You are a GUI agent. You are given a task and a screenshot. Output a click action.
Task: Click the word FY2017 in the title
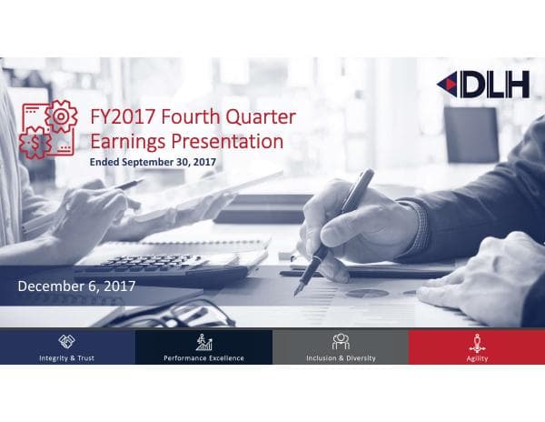pos(123,118)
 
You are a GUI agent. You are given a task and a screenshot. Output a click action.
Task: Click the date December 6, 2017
pos(77,286)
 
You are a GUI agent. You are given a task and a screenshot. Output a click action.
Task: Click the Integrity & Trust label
pos(67,358)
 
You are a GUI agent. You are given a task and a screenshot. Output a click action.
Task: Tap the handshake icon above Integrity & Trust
pos(67,342)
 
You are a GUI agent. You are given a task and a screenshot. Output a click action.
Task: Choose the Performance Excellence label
pos(203,358)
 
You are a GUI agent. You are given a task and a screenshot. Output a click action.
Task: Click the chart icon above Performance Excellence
pos(203,342)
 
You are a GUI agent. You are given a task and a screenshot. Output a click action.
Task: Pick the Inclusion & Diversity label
pos(341,358)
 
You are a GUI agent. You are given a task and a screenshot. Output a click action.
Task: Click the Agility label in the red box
pos(477,358)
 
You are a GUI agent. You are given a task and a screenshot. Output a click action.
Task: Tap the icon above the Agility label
pos(477,342)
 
